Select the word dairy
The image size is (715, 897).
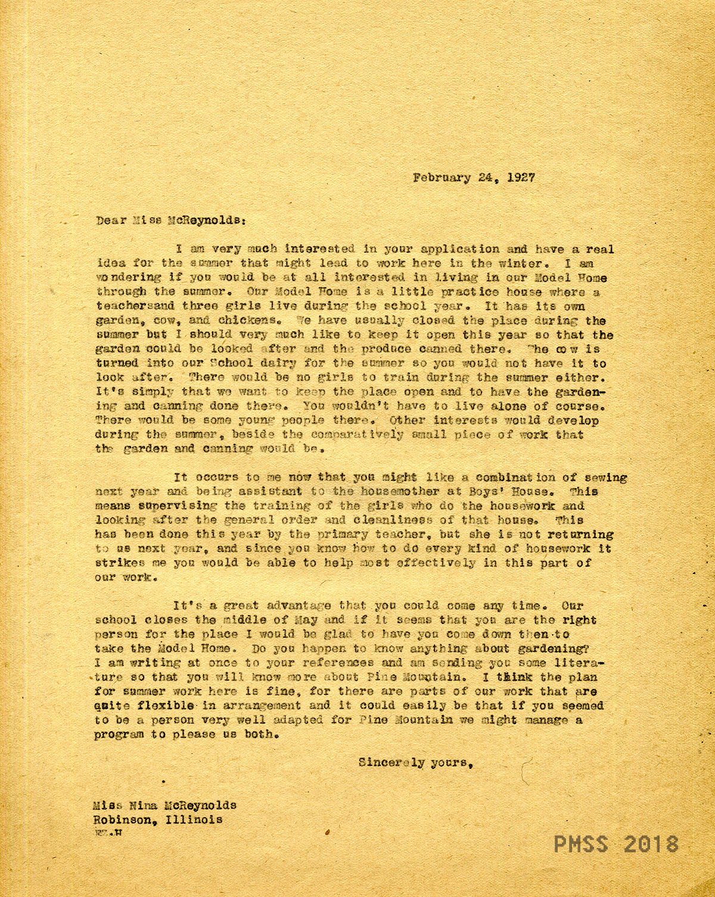coord(269,363)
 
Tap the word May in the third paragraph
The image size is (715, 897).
coord(306,620)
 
